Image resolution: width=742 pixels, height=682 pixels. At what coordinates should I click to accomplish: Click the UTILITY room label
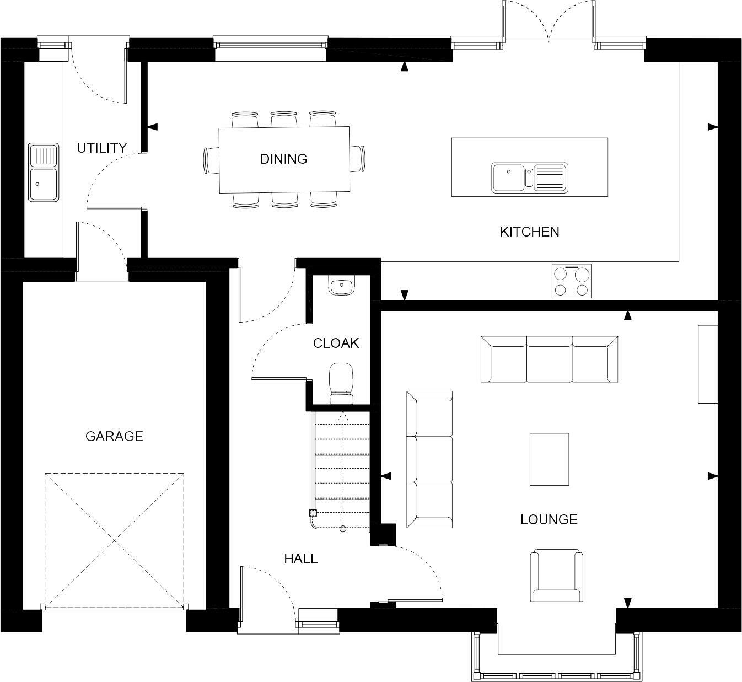[x=101, y=148]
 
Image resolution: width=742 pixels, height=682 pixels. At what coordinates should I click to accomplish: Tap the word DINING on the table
[x=283, y=159]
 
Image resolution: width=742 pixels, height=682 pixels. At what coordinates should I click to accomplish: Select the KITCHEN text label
[x=529, y=232]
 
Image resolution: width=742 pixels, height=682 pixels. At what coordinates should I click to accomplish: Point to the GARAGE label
[x=114, y=436]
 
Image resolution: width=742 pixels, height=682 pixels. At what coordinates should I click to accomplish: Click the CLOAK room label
[x=336, y=343]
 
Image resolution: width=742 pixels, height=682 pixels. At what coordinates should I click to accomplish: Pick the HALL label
[x=300, y=559]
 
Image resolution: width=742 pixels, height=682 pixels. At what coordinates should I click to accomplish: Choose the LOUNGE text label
[x=549, y=519]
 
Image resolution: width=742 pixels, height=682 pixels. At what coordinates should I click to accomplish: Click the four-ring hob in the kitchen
[x=572, y=281]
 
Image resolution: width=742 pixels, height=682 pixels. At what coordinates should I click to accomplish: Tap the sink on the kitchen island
[x=529, y=178]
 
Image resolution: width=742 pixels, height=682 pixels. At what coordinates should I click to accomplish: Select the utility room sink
[x=44, y=173]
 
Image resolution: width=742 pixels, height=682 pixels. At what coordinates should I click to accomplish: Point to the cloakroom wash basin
[x=342, y=286]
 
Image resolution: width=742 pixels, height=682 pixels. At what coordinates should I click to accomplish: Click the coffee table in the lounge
[x=549, y=459]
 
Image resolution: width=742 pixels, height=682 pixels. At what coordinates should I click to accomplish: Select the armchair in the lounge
[x=556, y=576]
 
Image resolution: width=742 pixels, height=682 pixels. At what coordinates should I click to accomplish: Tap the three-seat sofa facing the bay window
[x=549, y=359]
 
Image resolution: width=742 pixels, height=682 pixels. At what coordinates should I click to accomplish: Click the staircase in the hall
[x=341, y=469]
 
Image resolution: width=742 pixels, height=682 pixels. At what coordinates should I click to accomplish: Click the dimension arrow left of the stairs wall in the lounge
[x=386, y=476]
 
